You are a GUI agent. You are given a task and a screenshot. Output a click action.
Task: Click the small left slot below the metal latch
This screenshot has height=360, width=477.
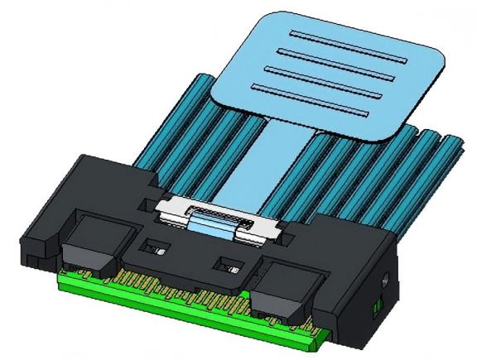(155, 247)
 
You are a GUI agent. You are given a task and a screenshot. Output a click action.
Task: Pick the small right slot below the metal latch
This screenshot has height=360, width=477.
(227, 266)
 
